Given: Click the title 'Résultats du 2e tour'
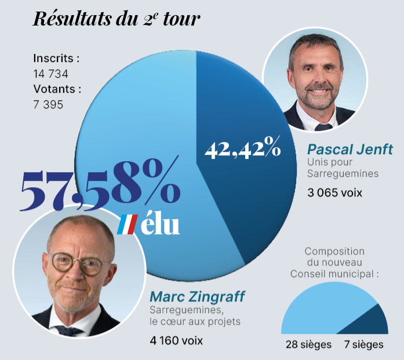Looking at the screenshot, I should click(117, 19).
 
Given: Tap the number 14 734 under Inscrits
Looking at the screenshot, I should click(51, 74).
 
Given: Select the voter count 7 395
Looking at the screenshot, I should click(48, 104).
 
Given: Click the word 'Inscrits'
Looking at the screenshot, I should click(56, 59).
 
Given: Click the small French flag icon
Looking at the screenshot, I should click(128, 224).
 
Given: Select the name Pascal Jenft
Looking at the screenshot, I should click(350, 148).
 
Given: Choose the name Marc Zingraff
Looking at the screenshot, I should click(197, 297).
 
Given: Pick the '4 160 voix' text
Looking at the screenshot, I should click(176, 340).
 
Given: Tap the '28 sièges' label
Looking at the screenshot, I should click(308, 344).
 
